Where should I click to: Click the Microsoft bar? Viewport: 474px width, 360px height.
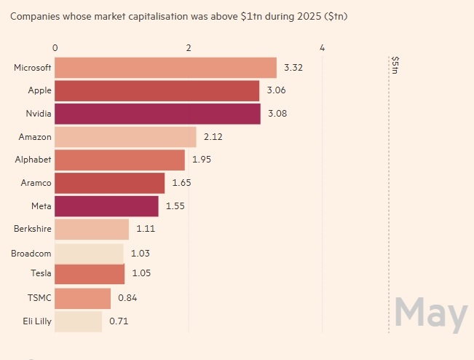(x=165, y=68)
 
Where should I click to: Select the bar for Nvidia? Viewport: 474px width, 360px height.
(x=157, y=114)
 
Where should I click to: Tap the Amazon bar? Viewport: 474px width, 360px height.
(x=125, y=137)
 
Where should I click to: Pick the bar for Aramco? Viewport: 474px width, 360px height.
(x=109, y=183)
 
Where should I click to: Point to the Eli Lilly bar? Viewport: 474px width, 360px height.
(x=78, y=321)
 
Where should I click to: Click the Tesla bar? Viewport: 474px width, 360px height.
(x=90, y=275)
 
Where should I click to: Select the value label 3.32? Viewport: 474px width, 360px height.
(x=293, y=68)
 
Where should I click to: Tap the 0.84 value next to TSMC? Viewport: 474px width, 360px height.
(x=127, y=297)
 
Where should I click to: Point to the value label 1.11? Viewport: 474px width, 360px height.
(x=146, y=229)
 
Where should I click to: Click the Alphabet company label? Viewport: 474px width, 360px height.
(x=33, y=160)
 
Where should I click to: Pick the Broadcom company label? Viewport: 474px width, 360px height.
(x=31, y=252)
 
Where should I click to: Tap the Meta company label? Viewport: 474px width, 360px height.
(x=41, y=206)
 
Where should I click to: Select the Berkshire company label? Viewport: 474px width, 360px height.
(x=33, y=229)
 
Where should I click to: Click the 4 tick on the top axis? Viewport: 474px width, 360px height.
(x=322, y=47)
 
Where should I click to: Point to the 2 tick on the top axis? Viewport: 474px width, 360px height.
(x=189, y=47)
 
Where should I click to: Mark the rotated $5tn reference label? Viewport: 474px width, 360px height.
(x=395, y=66)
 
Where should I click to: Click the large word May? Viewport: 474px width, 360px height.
(x=430, y=313)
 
